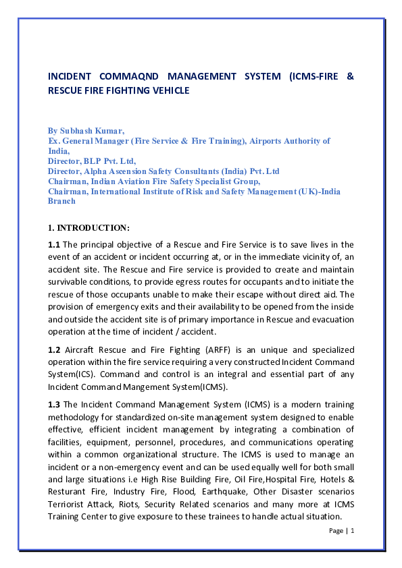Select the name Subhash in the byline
click(x=79, y=130)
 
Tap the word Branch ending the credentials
click(x=61, y=201)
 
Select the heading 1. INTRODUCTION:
click(x=89, y=227)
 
